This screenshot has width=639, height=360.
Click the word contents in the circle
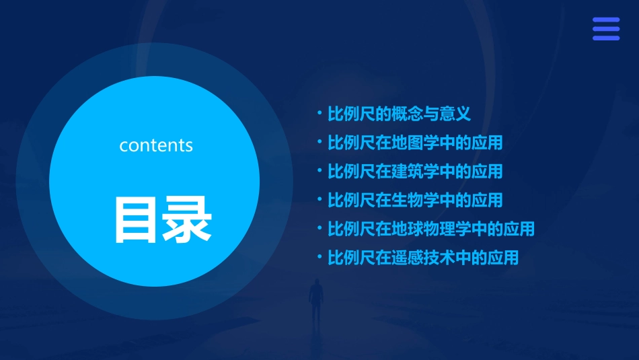[156, 145]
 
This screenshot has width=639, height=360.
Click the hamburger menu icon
[606, 29]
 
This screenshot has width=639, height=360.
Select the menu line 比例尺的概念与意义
[399, 114]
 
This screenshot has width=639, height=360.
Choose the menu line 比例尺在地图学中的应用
[415, 143]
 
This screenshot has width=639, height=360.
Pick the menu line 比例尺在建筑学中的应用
[415, 172]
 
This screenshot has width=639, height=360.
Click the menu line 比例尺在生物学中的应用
[415, 201]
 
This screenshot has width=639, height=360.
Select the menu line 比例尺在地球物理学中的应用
[431, 229]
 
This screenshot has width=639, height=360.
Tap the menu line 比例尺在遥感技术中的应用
[423, 258]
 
